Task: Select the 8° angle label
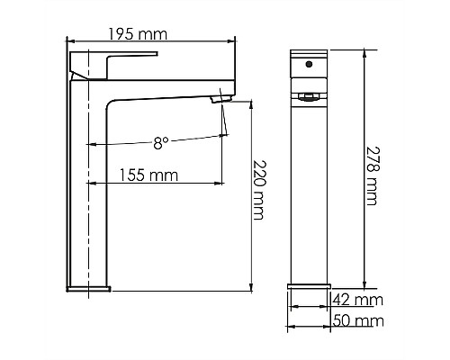coord(160,142)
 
